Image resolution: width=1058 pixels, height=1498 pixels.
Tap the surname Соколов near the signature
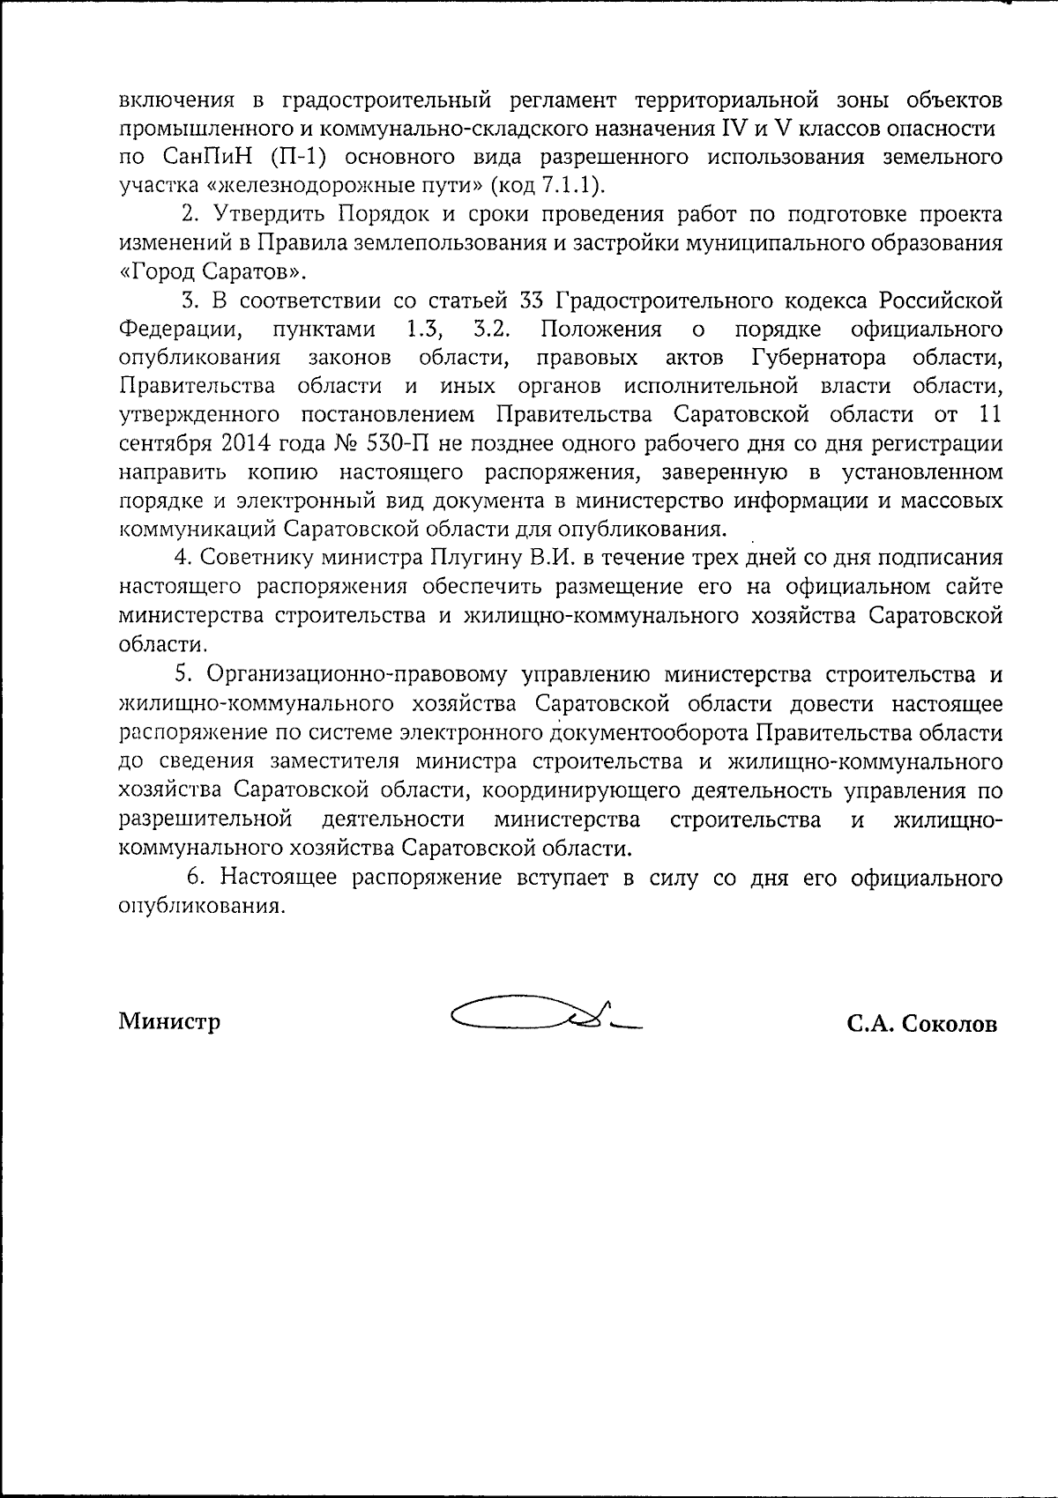pyautogui.click(x=949, y=1024)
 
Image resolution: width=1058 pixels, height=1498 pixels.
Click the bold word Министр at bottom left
pyautogui.click(x=170, y=1021)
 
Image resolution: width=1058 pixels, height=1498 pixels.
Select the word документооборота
pyautogui.click(x=652, y=733)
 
